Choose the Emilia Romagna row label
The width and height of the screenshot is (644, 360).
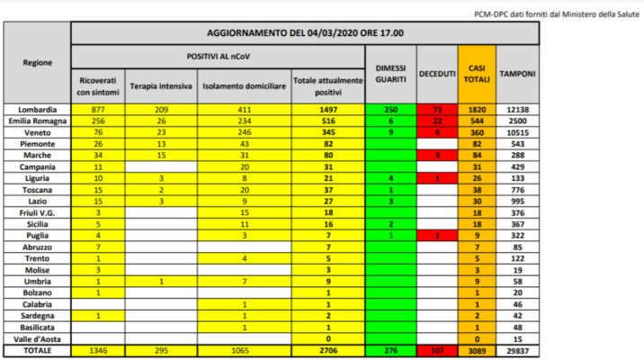(x=37, y=120)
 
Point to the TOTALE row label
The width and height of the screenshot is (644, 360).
(x=37, y=349)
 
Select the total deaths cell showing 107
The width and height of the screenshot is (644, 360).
(x=436, y=349)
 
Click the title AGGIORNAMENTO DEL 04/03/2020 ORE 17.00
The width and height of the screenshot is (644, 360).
(x=305, y=33)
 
